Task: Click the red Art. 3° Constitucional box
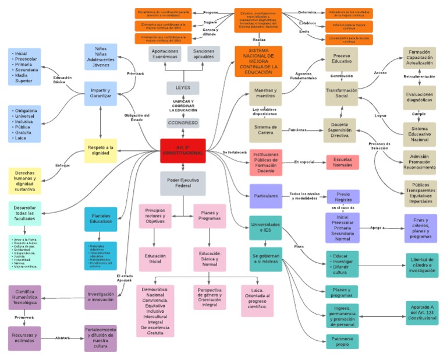click(x=183, y=150)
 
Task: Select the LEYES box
click(x=183, y=87)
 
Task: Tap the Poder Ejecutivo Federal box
click(x=183, y=183)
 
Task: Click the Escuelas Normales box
click(x=342, y=162)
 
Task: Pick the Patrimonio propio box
click(x=342, y=341)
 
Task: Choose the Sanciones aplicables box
click(x=204, y=54)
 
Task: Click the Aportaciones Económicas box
click(x=165, y=54)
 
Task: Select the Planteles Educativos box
click(x=100, y=219)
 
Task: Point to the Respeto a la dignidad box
click(x=101, y=150)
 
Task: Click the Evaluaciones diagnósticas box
click(x=419, y=96)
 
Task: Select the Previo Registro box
click(x=343, y=197)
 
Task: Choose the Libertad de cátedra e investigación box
click(x=422, y=266)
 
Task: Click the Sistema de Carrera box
click(x=266, y=130)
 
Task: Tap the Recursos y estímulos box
click(x=24, y=338)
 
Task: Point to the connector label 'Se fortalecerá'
click(x=235, y=152)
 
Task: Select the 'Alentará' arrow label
click(x=62, y=338)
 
